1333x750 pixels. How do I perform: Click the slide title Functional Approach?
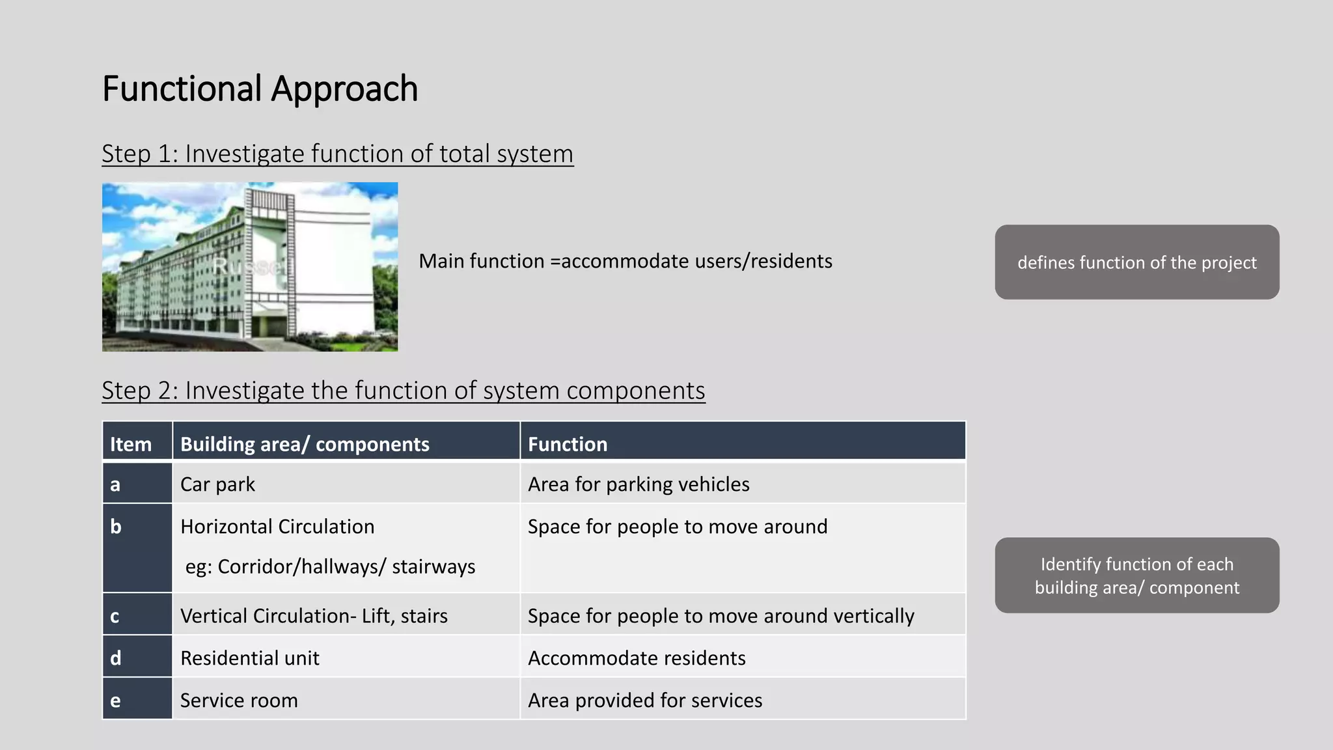tap(260, 89)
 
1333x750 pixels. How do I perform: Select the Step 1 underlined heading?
tap(337, 154)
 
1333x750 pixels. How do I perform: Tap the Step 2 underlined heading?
tap(403, 391)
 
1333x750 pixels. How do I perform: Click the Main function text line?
tap(625, 261)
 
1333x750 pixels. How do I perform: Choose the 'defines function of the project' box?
tap(1136, 262)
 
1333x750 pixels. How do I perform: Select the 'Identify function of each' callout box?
tap(1136, 576)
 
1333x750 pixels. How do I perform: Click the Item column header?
tap(131, 444)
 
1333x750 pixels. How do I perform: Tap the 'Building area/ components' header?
tap(305, 444)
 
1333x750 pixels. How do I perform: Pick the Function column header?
tap(568, 444)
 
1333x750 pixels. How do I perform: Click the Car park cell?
tap(217, 484)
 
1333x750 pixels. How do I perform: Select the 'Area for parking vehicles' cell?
tap(639, 484)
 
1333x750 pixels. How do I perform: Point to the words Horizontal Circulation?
tap(277, 527)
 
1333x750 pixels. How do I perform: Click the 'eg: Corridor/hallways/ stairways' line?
tap(330, 566)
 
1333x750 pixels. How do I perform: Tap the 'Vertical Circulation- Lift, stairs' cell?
tap(314, 616)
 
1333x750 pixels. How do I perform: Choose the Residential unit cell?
tap(250, 658)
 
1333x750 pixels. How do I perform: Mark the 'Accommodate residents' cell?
tap(637, 658)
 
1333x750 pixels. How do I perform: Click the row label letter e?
tap(115, 701)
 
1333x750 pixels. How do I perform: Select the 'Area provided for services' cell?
tap(645, 701)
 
